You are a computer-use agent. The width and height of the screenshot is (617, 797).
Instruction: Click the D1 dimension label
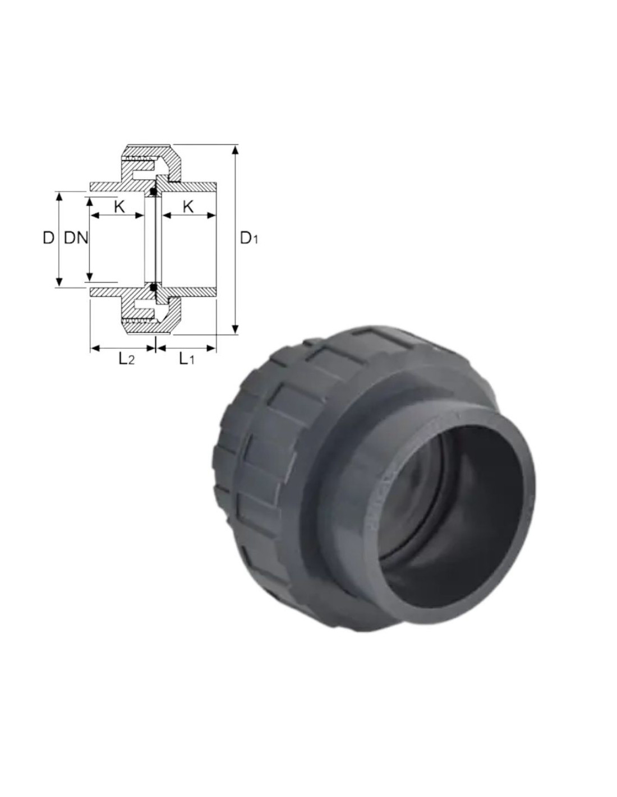point(249,239)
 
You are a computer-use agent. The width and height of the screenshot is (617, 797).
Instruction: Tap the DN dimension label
point(76,238)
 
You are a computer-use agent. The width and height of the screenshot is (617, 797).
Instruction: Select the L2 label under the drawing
point(126,359)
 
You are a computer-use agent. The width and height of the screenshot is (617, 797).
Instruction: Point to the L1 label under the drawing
point(186,359)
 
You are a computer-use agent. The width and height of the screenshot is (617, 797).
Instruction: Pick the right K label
point(188,207)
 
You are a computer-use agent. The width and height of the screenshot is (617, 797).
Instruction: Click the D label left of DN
point(48,238)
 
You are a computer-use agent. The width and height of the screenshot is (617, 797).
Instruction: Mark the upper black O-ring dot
point(154,192)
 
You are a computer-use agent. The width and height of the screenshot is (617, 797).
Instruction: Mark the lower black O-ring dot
point(154,287)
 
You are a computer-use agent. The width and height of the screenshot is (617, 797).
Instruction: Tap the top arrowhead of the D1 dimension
point(236,150)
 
